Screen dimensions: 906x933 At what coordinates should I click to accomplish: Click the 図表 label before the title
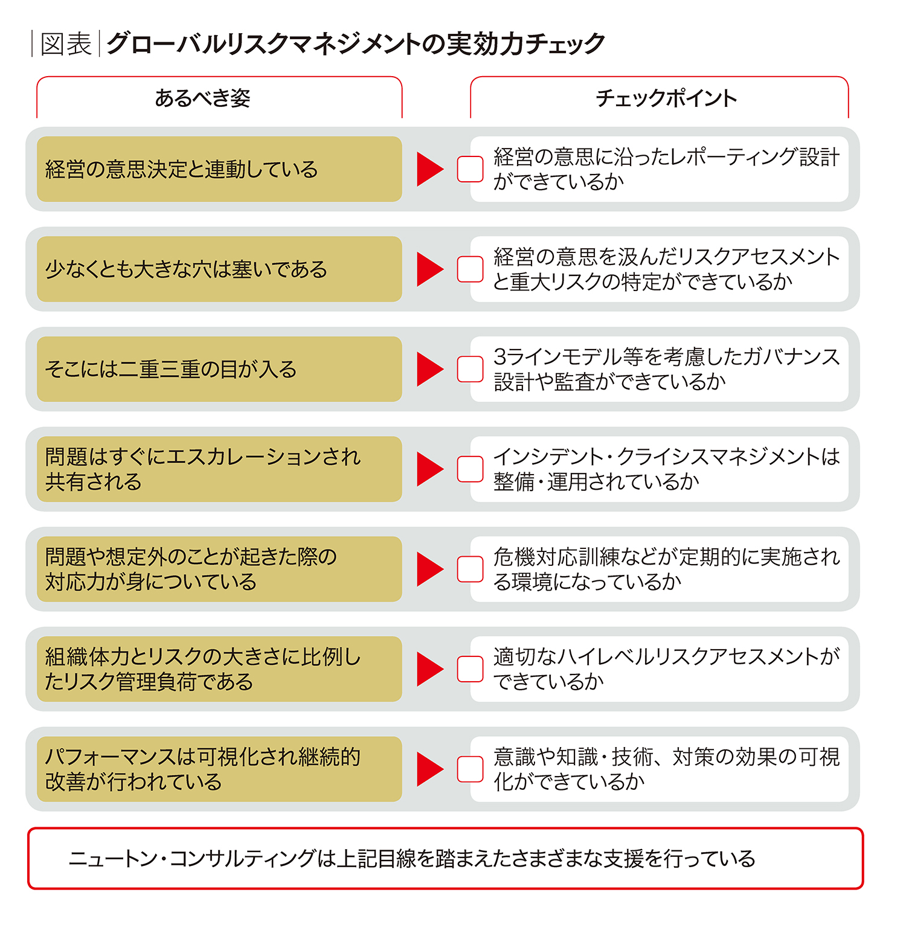(66, 44)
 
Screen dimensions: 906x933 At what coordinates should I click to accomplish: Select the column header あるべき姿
(202, 98)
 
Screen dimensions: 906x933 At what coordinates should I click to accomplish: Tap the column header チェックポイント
(666, 98)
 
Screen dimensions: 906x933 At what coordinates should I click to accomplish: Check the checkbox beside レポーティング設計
(470, 169)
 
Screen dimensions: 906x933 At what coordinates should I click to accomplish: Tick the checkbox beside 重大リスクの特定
(470, 269)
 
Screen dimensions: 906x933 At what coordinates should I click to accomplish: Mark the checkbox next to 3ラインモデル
(470, 369)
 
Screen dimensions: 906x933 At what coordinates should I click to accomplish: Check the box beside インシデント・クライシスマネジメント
(470, 469)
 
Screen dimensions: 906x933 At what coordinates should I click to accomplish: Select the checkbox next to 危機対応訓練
(470, 569)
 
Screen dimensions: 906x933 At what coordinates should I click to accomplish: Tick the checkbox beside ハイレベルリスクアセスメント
(470, 669)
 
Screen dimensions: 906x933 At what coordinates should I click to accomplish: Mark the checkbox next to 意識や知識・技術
(470, 769)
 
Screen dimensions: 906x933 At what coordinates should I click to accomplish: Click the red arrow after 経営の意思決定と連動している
(429, 169)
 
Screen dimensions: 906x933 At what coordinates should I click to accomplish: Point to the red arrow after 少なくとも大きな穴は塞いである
(429, 269)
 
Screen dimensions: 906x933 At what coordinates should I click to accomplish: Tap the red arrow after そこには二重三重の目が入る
(429, 369)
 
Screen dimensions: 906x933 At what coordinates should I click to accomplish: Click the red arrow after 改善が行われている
(429, 769)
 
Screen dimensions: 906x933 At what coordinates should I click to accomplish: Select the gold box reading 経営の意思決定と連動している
(219, 169)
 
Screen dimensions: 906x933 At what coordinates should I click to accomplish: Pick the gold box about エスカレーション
(219, 469)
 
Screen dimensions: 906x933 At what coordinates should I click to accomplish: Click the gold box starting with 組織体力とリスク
(219, 669)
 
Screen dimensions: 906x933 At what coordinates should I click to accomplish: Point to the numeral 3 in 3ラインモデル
(500, 357)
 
